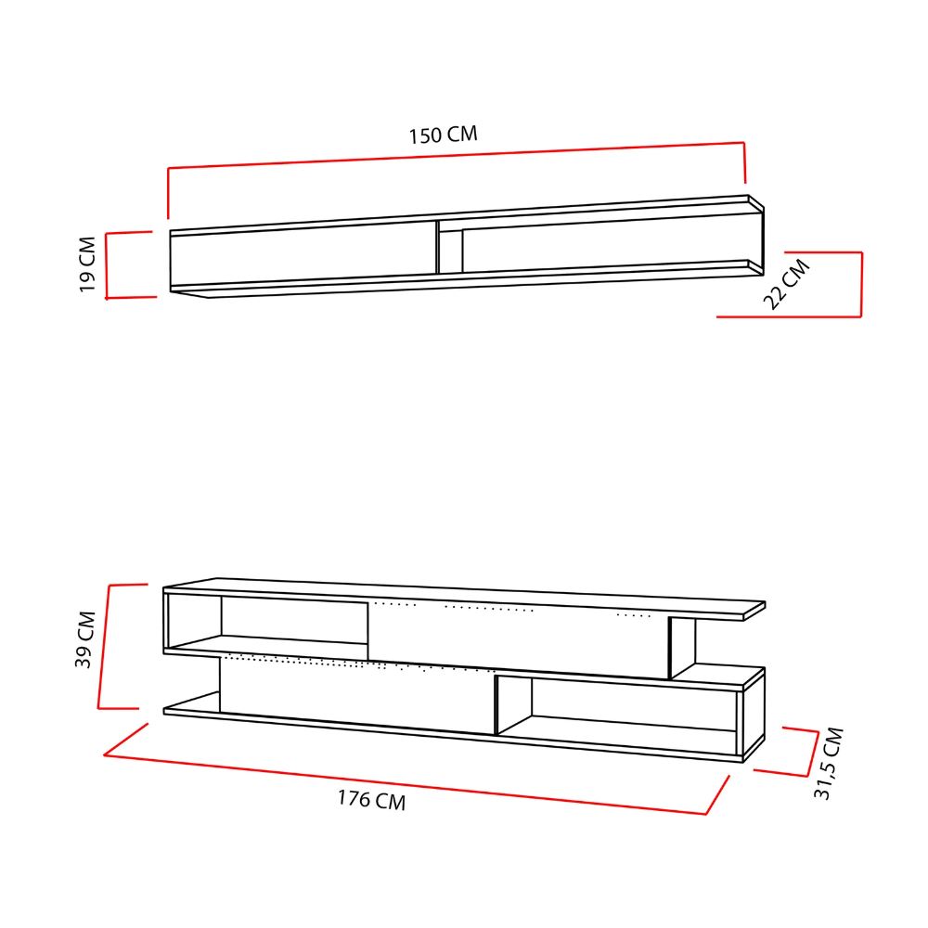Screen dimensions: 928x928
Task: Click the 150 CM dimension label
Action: tap(444, 135)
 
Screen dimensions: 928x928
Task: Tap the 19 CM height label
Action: tap(87, 264)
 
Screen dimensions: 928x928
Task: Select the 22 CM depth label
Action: tap(786, 284)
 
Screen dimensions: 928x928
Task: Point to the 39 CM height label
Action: tap(85, 639)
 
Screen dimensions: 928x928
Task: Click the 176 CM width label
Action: tap(372, 800)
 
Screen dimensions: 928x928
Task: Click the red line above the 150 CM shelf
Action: tap(457, 155)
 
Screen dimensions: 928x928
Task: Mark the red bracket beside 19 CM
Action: tap(107, 265)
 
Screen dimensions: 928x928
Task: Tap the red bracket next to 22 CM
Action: tap(860, 284)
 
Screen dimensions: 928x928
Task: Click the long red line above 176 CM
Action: tap(406, 784)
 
